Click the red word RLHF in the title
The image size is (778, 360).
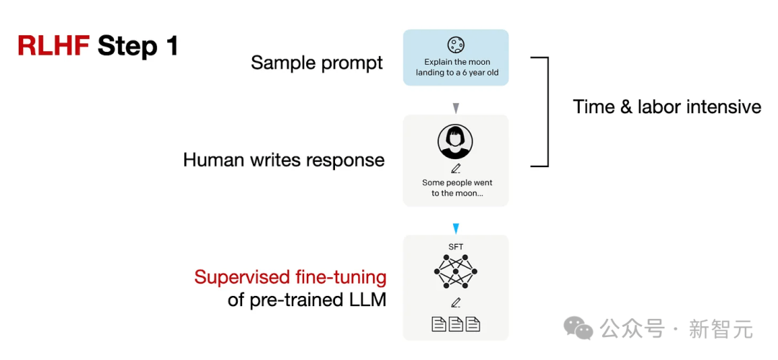53,46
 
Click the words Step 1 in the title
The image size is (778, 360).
138,47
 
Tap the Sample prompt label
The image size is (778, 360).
317,63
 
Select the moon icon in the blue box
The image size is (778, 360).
455,45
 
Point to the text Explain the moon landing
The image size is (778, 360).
457,68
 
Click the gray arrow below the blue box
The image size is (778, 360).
457,107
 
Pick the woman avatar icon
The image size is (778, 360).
455,141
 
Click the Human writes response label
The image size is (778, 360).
284,160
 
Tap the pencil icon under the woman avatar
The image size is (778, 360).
455,168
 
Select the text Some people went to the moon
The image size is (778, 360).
457,188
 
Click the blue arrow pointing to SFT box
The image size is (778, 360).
456,228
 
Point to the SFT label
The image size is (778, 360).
455,246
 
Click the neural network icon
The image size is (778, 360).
455,271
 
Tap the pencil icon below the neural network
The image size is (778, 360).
455,302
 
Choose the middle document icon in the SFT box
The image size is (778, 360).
455,324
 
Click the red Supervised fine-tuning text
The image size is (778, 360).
290,277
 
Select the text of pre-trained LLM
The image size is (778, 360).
307,300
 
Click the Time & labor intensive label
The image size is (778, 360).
667,107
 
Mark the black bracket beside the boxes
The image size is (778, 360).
547,112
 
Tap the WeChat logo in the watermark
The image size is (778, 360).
578,328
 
